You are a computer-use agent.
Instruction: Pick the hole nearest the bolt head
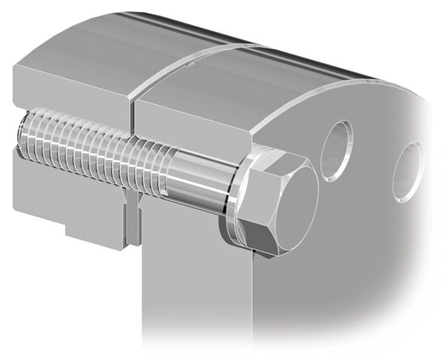[336, 150]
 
